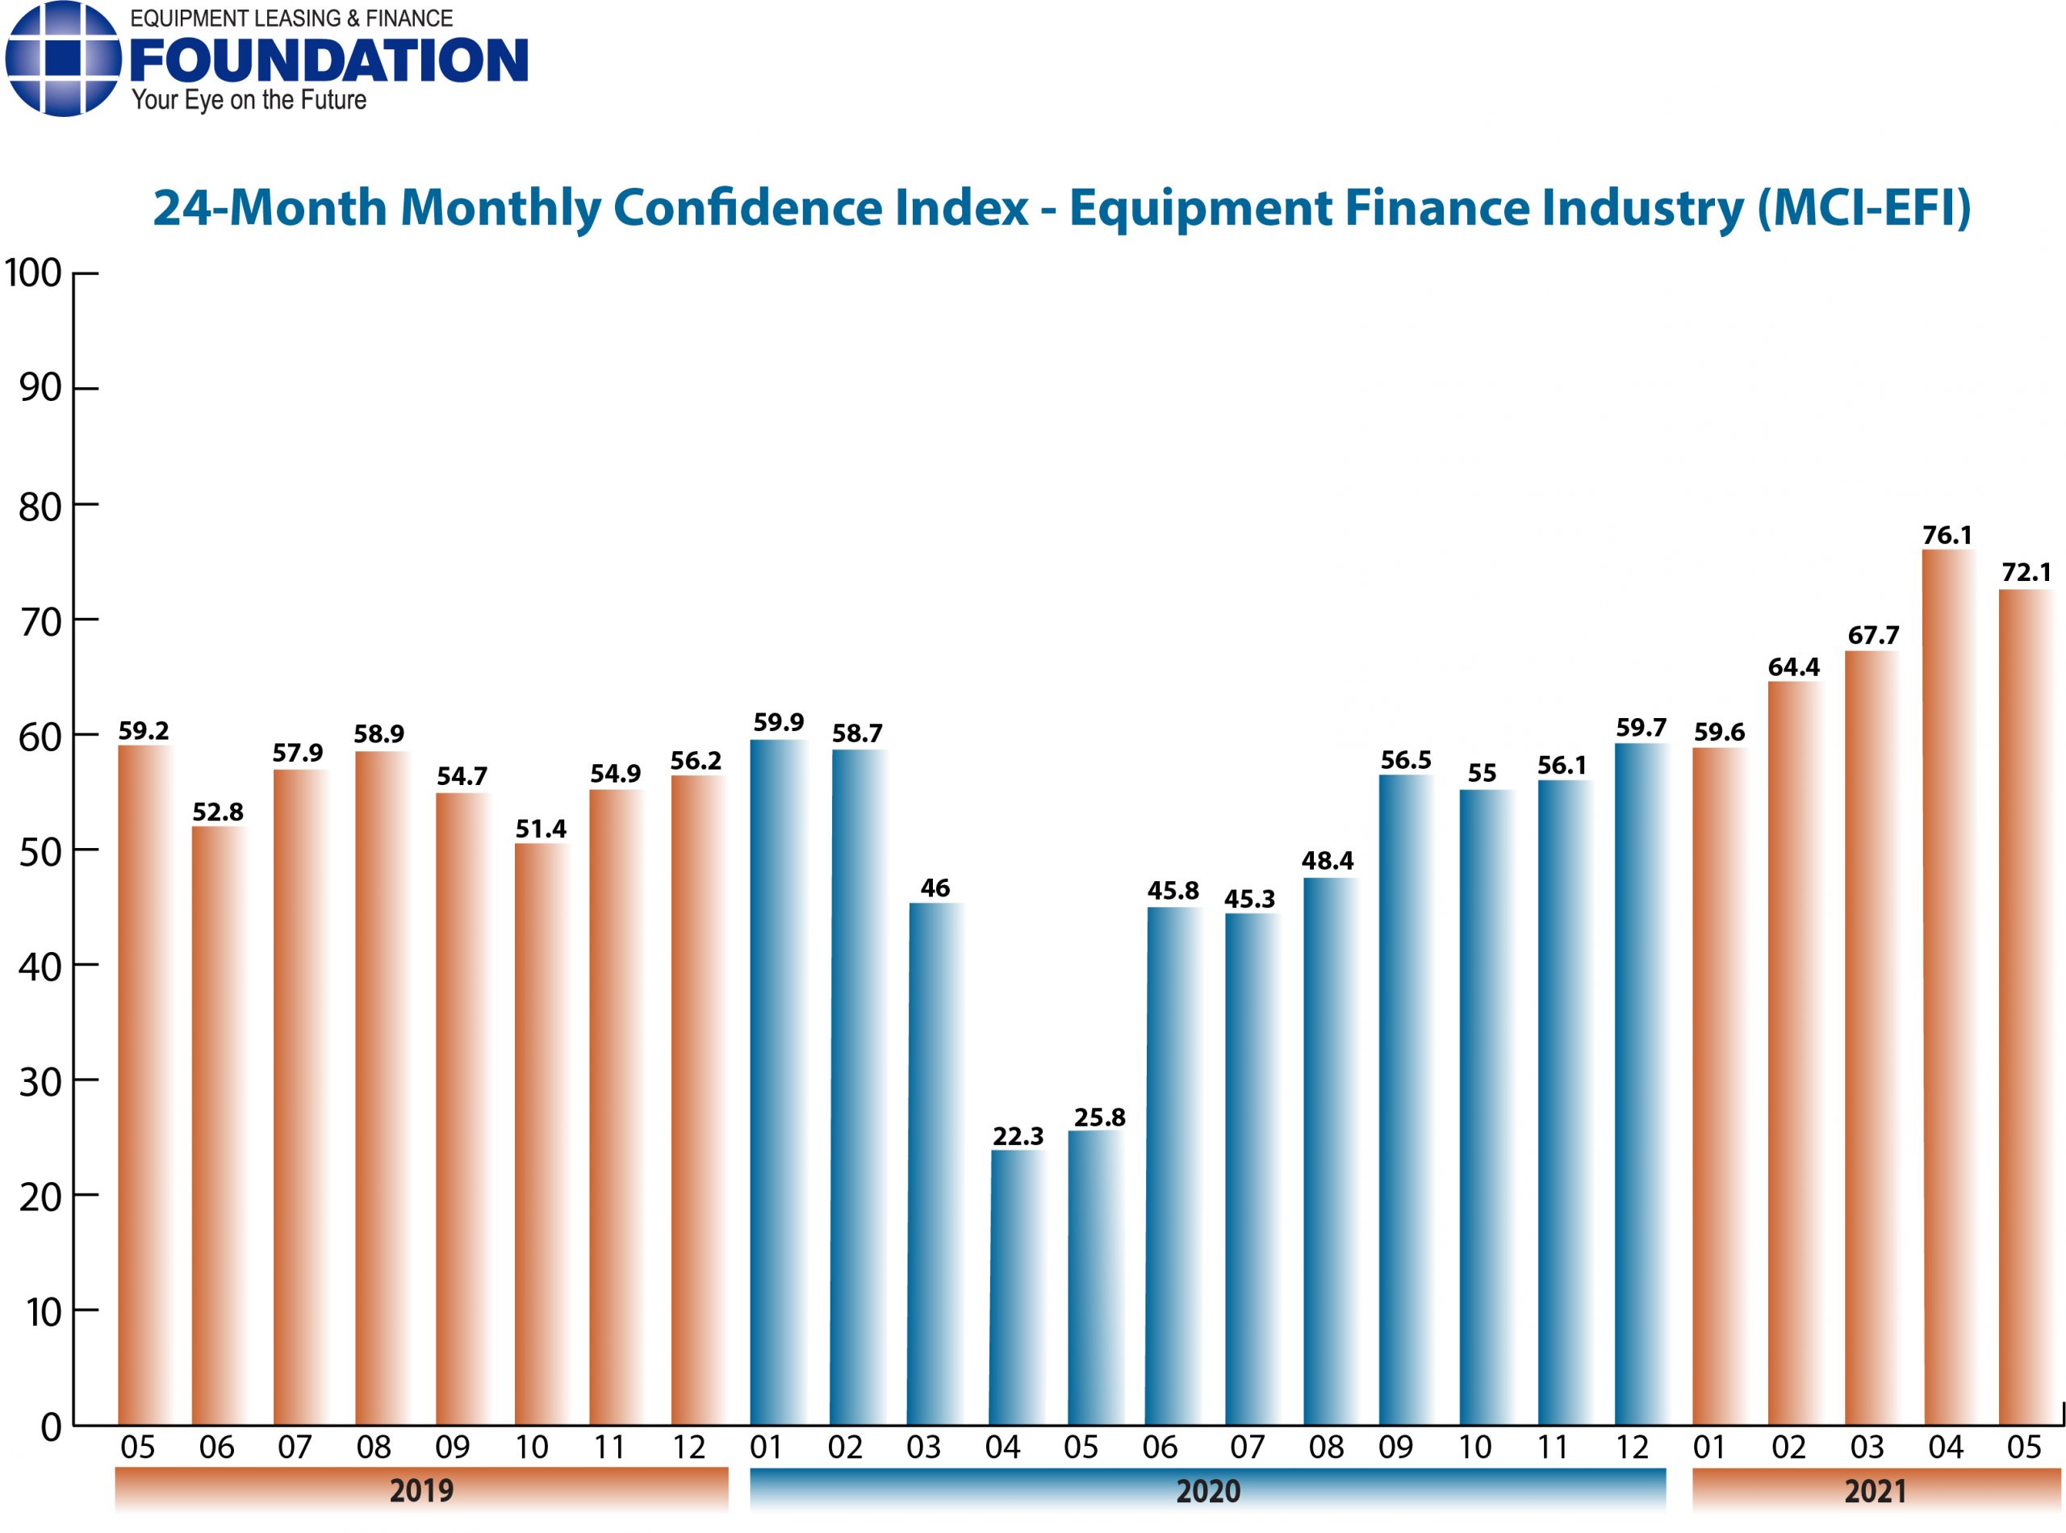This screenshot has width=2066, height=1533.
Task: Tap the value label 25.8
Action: pos(1099,1117)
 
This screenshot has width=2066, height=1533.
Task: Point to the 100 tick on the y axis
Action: pos(33,274)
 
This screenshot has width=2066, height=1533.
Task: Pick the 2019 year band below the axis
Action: pos(421,1490)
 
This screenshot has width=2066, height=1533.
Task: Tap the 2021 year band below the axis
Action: pos(1874,1490)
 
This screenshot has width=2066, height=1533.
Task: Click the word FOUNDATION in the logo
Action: pos(328,61)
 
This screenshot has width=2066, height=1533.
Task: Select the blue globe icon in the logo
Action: pos(62,58)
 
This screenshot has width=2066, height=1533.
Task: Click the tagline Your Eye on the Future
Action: pos(249,100)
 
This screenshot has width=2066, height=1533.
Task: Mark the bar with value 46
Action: pos(935,1164)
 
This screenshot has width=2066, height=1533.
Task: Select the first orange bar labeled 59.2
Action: pos(144,1086)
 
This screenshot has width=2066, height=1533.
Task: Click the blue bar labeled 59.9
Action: pos(778,1082)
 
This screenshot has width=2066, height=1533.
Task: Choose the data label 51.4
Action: pos(540,828)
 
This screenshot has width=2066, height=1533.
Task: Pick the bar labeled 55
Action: pos(1486,1108)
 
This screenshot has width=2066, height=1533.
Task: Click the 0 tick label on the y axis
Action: pos(51,1427)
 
